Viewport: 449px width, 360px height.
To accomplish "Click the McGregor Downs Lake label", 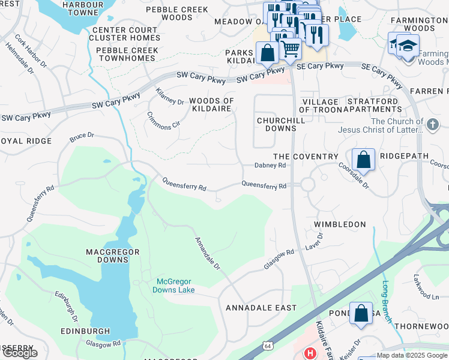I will click(176, 286).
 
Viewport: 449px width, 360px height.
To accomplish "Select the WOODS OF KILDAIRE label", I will click(211, 105).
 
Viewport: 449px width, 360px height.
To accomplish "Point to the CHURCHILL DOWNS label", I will click(277, 124).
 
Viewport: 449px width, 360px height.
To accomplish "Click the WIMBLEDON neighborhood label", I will click(340, 224).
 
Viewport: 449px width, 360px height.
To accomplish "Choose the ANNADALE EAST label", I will click(261, 308).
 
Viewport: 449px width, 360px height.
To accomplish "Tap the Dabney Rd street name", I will click(270, 166).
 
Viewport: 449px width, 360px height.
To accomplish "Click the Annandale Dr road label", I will click(207, 253).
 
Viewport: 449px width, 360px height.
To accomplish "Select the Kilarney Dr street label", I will click(170, 97).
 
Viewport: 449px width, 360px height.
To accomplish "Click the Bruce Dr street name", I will click(82, 137).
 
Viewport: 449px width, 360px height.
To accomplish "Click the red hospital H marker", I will click(310, 353).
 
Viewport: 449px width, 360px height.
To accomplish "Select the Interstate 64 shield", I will click(266, 346).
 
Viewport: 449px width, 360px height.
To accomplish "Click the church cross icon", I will click(432, 125).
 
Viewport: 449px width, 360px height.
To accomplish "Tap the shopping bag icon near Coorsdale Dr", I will click(363, 160).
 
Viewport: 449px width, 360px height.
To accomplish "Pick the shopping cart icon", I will click(291, 47).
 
